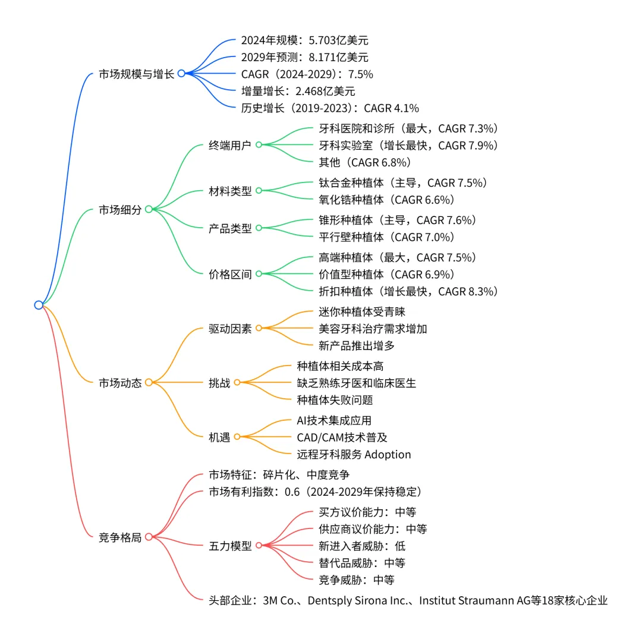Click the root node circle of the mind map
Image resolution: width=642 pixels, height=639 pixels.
coord(39,305)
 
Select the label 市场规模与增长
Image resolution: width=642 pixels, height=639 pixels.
coord(137,74)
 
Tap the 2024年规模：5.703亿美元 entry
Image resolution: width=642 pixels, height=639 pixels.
coord(304,40)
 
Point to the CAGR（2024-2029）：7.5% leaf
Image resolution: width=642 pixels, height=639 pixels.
coord(307,74)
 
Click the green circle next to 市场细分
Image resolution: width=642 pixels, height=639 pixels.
coord(149,209)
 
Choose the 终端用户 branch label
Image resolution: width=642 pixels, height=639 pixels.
coord(230,144)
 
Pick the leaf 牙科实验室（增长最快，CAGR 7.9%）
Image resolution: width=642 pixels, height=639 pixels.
coord(408,145)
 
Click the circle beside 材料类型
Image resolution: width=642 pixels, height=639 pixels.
coord(259,191)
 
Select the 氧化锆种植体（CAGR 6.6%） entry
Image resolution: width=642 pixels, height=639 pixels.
coord(386,200)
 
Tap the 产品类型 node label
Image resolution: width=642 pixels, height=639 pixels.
coord(230,228)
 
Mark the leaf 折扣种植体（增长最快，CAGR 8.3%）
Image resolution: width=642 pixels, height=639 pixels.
coord(408,291)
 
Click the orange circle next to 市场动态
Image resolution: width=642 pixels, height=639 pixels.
coord(149,383)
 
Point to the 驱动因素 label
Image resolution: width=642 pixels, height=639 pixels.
coord(230,328)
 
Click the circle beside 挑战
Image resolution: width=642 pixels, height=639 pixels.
coord(237,383)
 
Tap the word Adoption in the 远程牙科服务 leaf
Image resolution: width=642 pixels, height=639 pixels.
coord(387,455)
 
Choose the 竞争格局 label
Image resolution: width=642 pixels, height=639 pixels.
coord(120,537)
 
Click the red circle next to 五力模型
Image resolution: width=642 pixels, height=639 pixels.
coord(259,546)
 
